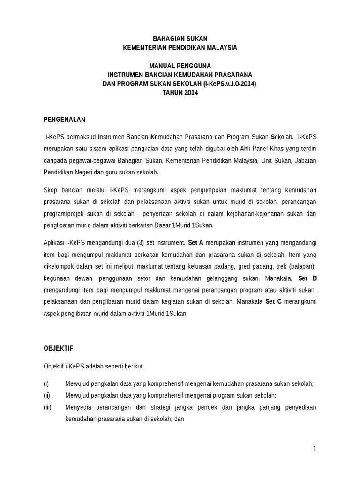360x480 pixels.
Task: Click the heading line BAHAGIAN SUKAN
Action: (x=180, y=38)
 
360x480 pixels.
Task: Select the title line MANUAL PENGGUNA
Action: (x=180, y=66)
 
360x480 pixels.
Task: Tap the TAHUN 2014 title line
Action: (x=180, y=93)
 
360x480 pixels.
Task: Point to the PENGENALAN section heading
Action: (x=64, y=120)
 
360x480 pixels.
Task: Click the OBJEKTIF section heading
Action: (x=59, y=349)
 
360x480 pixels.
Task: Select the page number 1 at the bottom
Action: (x=315, y=449)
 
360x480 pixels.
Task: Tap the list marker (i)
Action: (x=46, y=383)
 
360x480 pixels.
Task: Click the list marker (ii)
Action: (x=47, y=395)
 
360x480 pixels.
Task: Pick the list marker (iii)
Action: (x=47, y=407)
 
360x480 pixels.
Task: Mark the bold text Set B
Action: (x=307, y=278)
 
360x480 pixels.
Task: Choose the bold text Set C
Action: (x=273, y=302)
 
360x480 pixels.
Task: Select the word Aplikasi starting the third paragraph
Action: (x=54, y=243)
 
